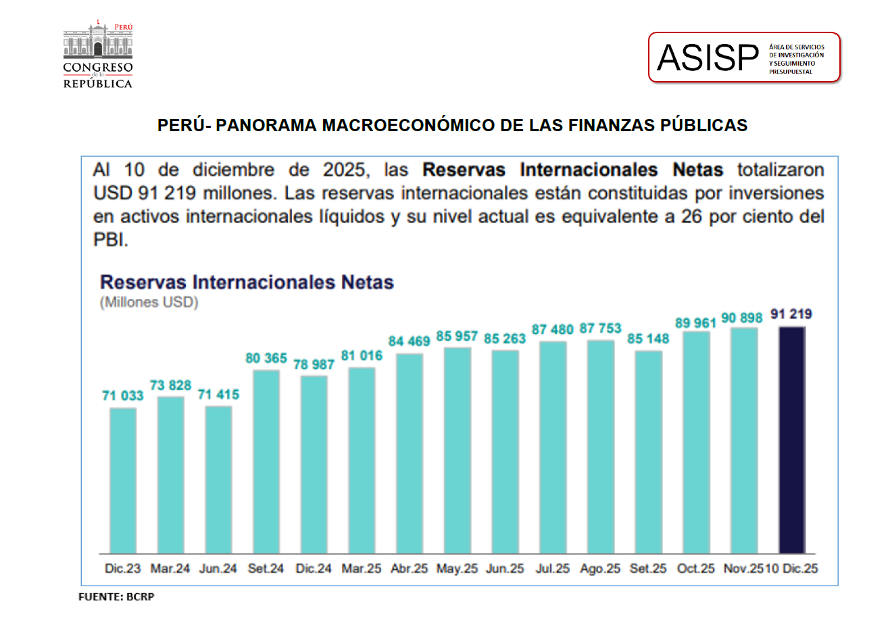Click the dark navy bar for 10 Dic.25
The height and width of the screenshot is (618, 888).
point(792,439)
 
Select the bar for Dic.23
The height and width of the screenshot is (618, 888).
point(123,480)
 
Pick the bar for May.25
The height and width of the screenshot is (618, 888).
point(458,450)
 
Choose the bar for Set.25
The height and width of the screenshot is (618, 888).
point(649,452)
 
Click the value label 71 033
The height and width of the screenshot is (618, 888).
point(123,396)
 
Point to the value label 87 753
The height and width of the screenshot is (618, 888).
point(601,329)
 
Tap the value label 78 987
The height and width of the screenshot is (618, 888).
point(314,364)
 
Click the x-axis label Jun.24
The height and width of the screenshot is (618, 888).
point(218,569)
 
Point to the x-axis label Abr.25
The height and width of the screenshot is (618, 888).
point(410,569)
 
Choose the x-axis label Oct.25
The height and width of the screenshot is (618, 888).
point(696,569)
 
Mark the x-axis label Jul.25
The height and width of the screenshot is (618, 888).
point(553,569)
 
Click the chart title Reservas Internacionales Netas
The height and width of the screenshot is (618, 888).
point(247,282)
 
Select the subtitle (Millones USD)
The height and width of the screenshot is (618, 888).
point(149,302)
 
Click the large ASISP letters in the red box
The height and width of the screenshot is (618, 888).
point(708,58)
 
